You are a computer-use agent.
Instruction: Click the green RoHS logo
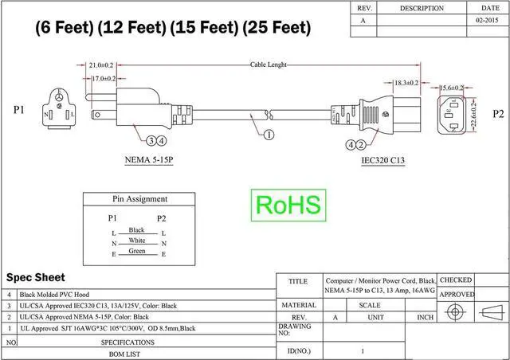288,205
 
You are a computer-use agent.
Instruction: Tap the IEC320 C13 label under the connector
383,160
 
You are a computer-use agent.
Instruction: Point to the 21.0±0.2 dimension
101,64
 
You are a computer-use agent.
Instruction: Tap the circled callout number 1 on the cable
268,135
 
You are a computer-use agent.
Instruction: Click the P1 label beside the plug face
18,110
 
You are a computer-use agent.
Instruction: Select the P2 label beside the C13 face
498,114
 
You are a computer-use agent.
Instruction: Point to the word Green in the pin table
136,251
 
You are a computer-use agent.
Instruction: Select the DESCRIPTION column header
422,8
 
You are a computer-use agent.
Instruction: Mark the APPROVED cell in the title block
457,295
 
